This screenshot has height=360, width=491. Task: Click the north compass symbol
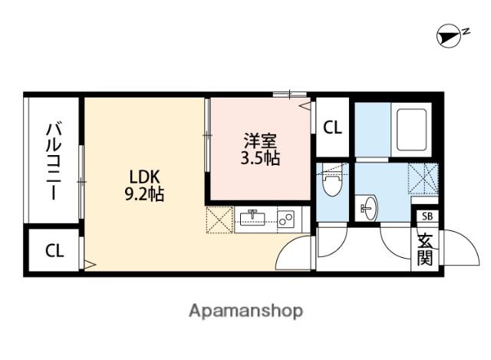click(x=449, y=36)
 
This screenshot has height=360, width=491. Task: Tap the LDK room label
click(x=145, y=177)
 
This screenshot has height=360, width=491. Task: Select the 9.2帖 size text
click(x=144, y=194)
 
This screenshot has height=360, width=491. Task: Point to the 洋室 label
click(x=261, y=141)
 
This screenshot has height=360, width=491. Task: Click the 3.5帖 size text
click(x=260, y=158)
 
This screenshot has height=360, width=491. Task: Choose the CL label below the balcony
click(x=54, y=251)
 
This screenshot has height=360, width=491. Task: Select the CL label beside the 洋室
click(x=332, y=127)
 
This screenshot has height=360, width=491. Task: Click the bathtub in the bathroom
click(x=411, y=130)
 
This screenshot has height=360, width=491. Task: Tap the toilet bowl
click(x=332, y=185)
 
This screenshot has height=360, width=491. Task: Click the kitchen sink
click(x=252, y=217)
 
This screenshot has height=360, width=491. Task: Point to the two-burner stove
click(x=286, y=219)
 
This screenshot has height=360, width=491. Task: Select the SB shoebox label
click(x=427, y=216)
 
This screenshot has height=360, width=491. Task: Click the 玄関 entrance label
click(x=425, y=249)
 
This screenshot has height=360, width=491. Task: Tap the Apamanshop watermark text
click(x=246, y=311)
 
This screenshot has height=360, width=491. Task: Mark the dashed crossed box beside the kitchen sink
click(x=219, y=220)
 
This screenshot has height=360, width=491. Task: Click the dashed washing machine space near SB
click(x=423, y=178)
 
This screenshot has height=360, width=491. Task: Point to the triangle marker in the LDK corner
click(x=90, y=265)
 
